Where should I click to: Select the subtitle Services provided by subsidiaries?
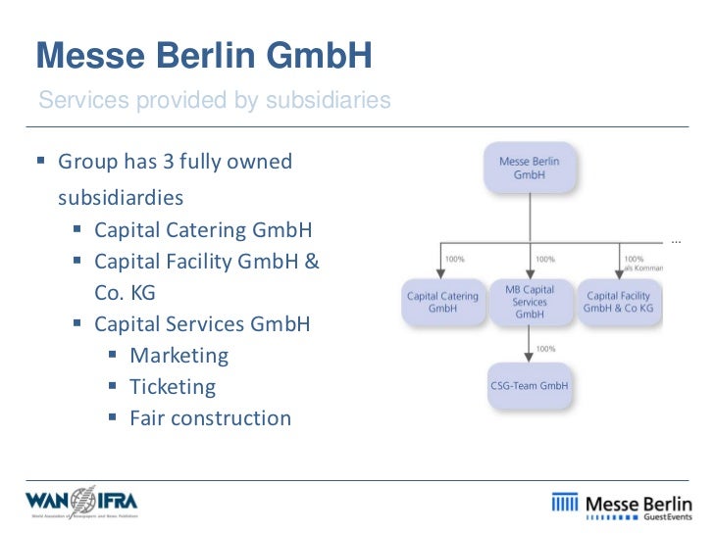(214, 100)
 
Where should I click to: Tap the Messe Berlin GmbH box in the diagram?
(529, 168)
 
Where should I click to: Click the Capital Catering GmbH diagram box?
(442, 302)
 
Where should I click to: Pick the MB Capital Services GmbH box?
(530, 302)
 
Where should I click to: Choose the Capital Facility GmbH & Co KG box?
(618, 302)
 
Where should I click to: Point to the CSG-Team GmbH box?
(529, 385)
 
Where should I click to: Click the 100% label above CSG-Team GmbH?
(546, 348)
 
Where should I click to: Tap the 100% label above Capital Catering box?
(455, 259)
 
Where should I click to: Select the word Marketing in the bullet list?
(179, 355)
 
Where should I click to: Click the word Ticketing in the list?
(173, 386)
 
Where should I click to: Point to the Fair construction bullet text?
(211, 418)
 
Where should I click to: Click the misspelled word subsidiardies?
(121, 198)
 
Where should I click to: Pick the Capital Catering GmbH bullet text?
(203, 230)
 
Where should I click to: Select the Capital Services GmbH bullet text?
(202, 323)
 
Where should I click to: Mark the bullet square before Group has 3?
(42, 160)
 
